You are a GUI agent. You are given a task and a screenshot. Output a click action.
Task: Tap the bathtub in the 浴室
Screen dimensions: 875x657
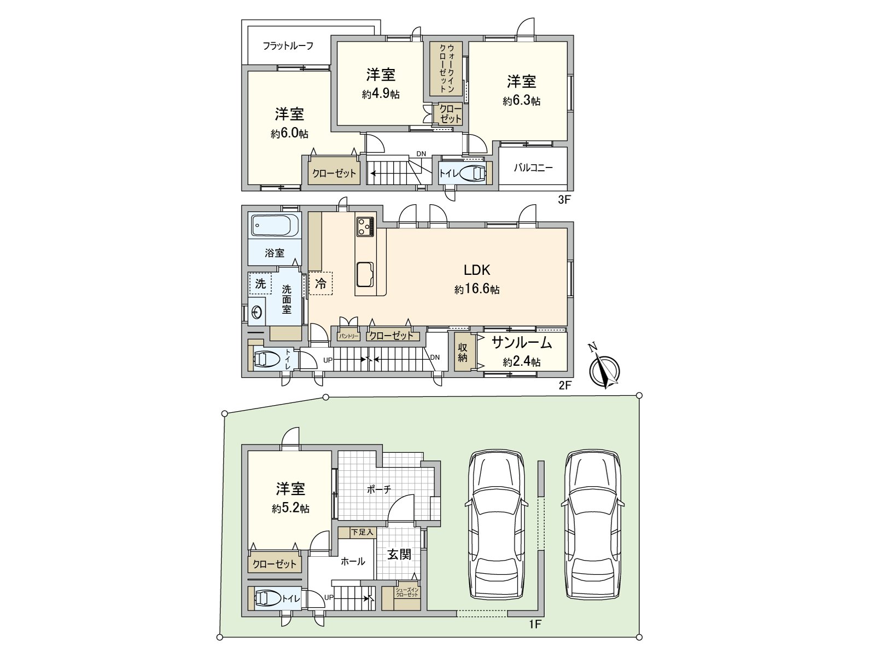click(275, 226)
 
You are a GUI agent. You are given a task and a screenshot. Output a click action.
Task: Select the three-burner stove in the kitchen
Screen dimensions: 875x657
click(365, 226)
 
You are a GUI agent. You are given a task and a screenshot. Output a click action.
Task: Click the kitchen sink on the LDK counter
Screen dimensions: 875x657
click(365, 274)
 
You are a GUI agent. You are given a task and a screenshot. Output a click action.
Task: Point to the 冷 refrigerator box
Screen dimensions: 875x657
click(320, 284)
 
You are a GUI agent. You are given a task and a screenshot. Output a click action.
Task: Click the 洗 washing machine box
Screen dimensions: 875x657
click(260, 284)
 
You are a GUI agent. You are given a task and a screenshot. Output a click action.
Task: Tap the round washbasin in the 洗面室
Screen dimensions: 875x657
click(257, 312)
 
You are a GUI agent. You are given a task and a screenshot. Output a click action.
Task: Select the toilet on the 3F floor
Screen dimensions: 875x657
click(473, 174)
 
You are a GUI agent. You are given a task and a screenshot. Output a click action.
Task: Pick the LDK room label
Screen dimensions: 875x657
click(477, 270)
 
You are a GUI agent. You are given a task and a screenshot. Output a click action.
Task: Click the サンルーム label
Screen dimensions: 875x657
click(522, 343)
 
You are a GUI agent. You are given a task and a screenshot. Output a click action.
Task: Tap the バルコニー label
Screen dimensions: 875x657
click(533, 168)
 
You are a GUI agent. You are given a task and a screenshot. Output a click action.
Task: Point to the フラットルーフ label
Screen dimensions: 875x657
click(288, 46)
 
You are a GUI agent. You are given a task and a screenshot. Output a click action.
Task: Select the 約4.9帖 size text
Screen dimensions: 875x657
click(381, 94)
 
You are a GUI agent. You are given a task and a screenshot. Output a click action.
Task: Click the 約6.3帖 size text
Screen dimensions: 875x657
click(521, 101)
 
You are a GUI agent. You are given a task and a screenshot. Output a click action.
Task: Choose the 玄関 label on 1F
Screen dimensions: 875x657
click(399, 554)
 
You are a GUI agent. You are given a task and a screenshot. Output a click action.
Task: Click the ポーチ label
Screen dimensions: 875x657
click(378, 489)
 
